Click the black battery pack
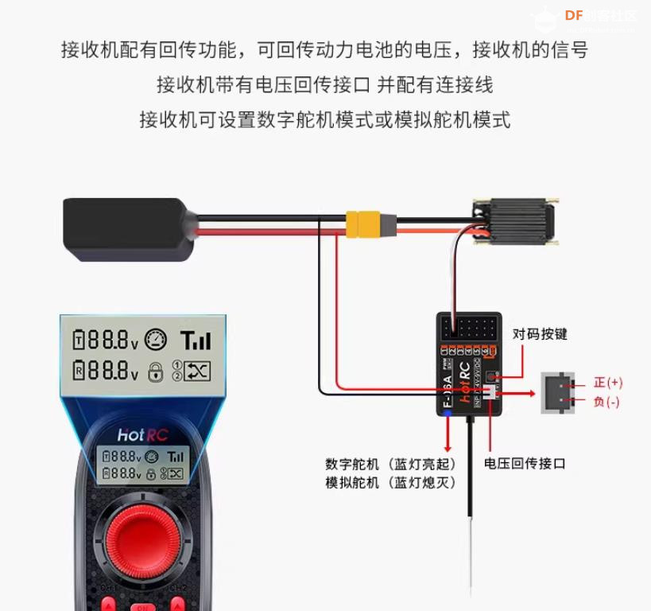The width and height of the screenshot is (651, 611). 127,230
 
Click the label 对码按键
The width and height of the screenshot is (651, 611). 540,334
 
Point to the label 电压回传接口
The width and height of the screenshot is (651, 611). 525,463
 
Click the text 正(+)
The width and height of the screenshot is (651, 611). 608,383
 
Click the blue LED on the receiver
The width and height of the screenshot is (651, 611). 448,413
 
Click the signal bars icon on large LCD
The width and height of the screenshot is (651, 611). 196,341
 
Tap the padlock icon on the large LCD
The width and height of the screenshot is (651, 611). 156,371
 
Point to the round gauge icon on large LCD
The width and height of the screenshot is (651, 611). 157,341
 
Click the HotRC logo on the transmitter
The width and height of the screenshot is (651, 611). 142,435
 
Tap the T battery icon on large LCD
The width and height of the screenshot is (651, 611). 79,341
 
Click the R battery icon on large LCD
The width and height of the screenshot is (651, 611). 79,370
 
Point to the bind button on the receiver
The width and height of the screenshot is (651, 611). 492,375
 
